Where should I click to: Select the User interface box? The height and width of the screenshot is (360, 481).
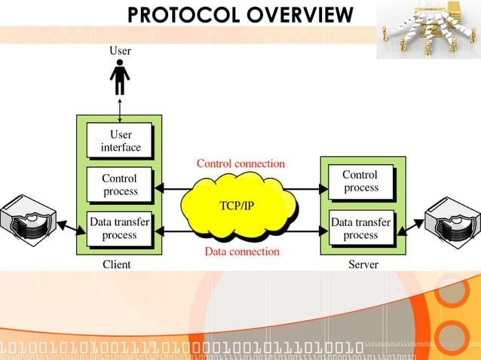[121, 141]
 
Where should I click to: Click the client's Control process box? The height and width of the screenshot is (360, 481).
[120, 185]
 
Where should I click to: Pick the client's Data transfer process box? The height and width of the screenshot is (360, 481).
[120, 228]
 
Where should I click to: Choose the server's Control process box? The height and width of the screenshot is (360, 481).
[360, 182]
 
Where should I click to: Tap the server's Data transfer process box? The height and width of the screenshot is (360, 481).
[360, 228]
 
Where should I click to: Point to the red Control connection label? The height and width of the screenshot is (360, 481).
[240, 163]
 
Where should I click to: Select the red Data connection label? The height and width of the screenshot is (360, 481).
[242, 252]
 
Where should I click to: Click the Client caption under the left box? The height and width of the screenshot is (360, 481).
[117, 264]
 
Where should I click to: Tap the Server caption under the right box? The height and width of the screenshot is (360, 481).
[363, 264]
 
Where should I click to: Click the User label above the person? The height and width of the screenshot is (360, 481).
[120, 51]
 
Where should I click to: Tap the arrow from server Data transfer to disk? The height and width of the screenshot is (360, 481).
[409, 227]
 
